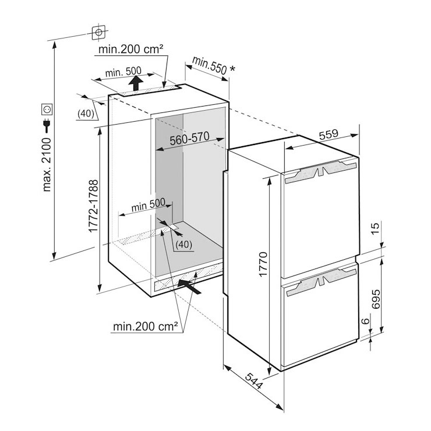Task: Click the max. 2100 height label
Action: pyautogui.click(x=47, y=164)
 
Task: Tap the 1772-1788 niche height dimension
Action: pyautogui.click(x=93, y=206)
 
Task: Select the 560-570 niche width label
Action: pyautogui.click(x=189, y=138)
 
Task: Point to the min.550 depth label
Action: pyautogui.click(x=210, y=65)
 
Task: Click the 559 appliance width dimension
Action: pyautogui.click(x=328, y=134)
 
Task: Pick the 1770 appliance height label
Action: pyautogui.click(x=263, y=264)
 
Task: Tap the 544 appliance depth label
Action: pyautogui.click(x=254, y=381)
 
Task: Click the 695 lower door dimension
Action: pyautogui.click(x=376, y=299)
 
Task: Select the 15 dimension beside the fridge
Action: pyautogui.click(x=375, y=228)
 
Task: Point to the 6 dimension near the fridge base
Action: pyautogui.click(x=365, y=321)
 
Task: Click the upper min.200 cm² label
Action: pyautogui.click(x=131, y=49)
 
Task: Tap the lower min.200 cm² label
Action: pyautogui.click(x=146, y=327)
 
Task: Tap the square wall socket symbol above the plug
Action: pyautogui.click(x=47, y=109)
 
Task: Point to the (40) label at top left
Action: pyautogui.click(x=86, y=113)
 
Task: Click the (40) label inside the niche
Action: pyautogui.click(x=183, y=244)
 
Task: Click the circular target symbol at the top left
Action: pyautogui.click(x=98, y=33)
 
